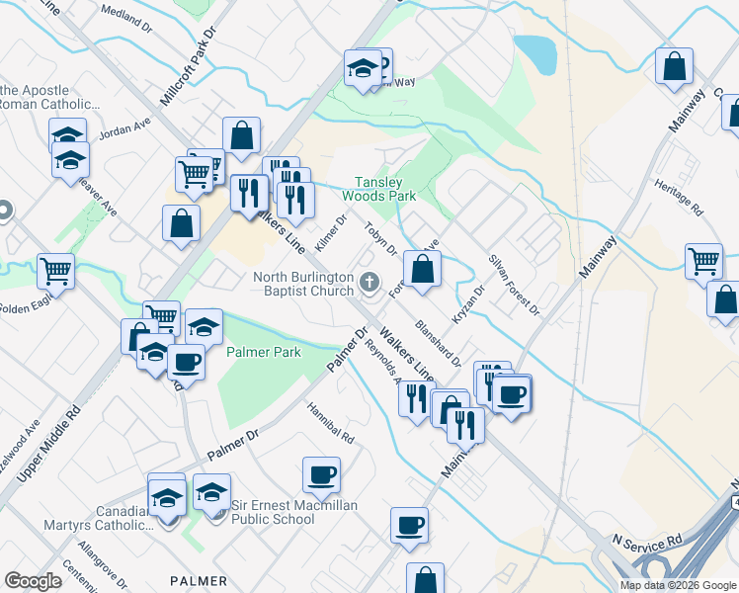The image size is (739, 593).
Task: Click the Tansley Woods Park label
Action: tap(385, 189)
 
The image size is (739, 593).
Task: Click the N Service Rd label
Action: tap(647, 541)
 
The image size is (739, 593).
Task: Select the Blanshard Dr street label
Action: tap(439, 342)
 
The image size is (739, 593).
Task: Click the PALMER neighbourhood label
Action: tap(198, 581)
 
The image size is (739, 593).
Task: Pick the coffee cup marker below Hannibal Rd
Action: tap(321, 474)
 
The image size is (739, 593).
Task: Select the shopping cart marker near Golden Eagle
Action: tap(56, 270)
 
